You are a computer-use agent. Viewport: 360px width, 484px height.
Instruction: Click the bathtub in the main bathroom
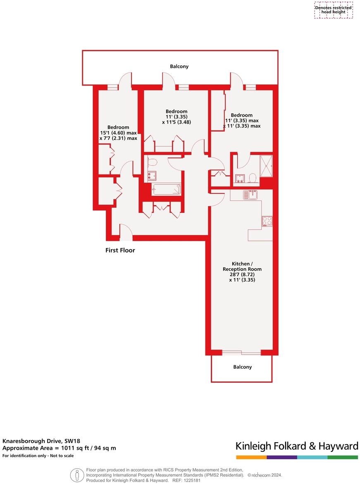167,190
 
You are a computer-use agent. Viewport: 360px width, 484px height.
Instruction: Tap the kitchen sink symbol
250,194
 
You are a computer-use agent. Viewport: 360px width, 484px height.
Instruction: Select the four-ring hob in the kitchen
267,221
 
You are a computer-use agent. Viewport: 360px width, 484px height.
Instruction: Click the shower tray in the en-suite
266,166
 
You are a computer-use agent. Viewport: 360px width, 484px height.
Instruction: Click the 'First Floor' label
120,250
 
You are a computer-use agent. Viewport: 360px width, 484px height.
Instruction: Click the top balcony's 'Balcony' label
179,66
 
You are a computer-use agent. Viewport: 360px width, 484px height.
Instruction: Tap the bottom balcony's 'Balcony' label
242,367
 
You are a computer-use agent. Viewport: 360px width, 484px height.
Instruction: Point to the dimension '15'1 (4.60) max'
118,133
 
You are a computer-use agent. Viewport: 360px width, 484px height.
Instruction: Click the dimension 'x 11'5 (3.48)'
176,122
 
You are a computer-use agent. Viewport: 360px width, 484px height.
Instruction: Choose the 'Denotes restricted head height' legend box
334,10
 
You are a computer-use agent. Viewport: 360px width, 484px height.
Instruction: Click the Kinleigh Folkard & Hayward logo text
296,446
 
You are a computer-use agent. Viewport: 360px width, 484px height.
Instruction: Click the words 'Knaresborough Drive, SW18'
36,441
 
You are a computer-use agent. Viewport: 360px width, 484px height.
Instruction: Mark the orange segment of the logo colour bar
251,458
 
